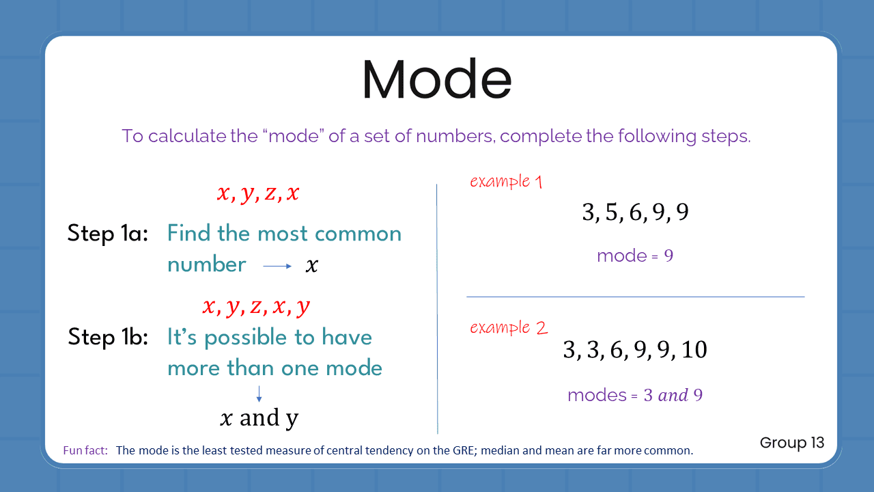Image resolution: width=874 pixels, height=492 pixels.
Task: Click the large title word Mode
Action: (436, 80)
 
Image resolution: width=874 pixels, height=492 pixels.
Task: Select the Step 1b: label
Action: (109, 337)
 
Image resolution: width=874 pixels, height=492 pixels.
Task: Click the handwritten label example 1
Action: (506, 181)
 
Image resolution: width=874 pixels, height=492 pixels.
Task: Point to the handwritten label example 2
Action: (509, 327)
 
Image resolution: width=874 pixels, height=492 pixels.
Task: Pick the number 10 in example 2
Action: (694, 350)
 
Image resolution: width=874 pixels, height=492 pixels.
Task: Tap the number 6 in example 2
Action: (617, 350)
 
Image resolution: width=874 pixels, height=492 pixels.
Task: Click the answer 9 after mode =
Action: (668, 256)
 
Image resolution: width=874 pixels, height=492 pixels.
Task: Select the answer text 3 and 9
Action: (673, 395)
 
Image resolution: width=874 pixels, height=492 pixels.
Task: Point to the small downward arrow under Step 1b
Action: (259, 393)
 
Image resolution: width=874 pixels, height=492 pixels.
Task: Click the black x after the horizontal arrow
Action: (311, 266)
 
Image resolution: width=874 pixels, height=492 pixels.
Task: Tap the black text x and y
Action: (259, 418)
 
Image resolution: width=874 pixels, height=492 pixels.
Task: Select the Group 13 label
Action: (792, 442)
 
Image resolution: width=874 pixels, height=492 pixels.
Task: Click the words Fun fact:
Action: (85, 450)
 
